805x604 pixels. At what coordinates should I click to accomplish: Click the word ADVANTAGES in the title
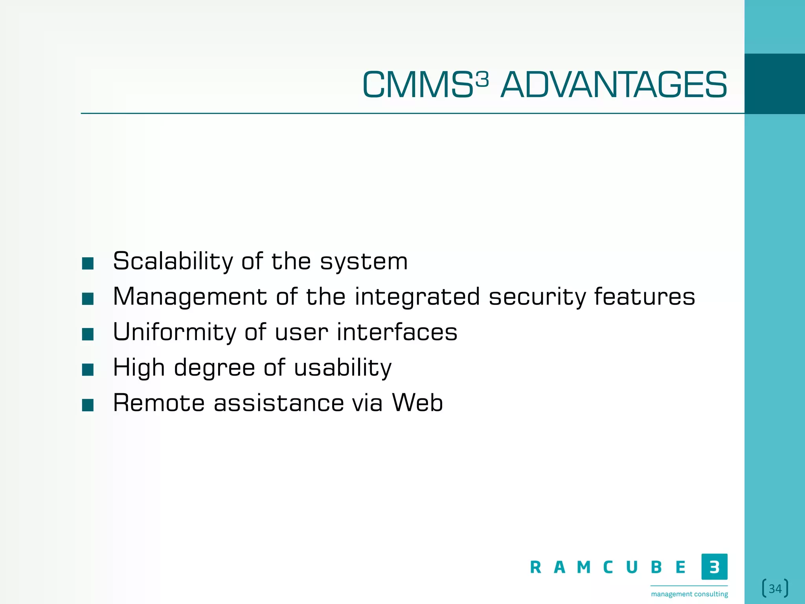pyautogui.click(x=614, y=85)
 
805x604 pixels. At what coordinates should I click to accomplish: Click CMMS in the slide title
pyautogui.click(x=417, y=85)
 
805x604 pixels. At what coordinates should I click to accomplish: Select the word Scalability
pyautogui.click(x=173, y=261)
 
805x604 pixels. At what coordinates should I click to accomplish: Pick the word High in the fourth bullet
pyautogui.click(x=138, y=368)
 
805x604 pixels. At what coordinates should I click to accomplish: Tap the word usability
pyautogui.click(x=343, y=368)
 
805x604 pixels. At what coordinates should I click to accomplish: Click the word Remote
pyautogui.click(x=159, y=403)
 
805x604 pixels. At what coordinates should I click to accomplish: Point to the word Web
pyautogui.click(x=417, y=403)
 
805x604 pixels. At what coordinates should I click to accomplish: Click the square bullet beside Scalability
pyautogui.click(x=88, y=263)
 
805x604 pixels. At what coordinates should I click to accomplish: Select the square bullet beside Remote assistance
pyautogui.click(x=88, y=405)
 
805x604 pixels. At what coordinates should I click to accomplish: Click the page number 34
pyautogui.click(x=775, y=589)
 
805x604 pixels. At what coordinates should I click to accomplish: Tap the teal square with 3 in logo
pyautogui.click(x=714, y=567)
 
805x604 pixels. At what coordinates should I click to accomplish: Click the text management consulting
pyautogui.click(x=689, y=594)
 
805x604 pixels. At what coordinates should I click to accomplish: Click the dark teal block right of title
pyautogui.click(x=774, y=84)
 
